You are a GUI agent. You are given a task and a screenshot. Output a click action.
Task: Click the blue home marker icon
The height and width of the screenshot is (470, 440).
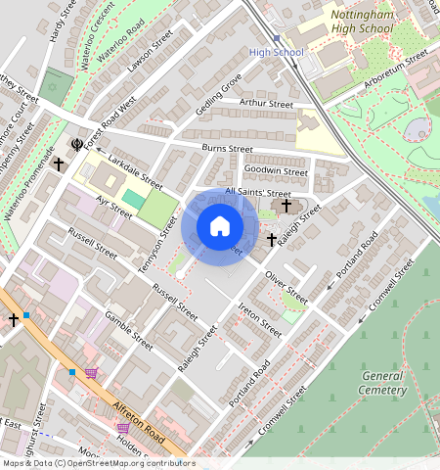220,227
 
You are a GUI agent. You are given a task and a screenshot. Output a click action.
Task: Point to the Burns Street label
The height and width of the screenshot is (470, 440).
227,150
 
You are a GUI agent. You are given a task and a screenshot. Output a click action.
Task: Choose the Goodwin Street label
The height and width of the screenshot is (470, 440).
276,170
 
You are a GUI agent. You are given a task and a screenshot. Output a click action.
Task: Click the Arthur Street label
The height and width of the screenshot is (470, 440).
266,104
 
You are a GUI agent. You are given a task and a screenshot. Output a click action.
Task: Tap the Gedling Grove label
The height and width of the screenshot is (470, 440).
218,96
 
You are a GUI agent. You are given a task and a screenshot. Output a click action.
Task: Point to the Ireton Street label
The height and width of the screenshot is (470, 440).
259,319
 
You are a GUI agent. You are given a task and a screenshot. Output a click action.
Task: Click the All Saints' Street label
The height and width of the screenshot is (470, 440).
258,193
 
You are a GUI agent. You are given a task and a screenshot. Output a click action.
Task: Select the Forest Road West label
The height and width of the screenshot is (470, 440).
110,122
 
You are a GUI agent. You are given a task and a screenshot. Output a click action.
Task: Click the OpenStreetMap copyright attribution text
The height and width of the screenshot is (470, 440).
98,463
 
